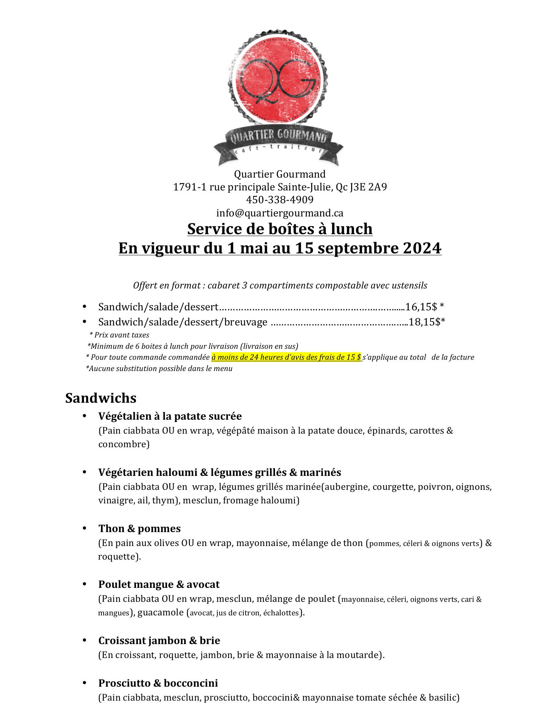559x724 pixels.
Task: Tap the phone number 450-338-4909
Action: pyautogui.click(x=279, y=199)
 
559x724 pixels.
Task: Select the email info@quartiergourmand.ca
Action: pyautogui.click(x=279, y=213)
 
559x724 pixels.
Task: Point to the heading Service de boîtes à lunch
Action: pyautogui.click(x=279, y=229)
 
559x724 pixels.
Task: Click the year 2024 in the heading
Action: pyautogui.click(x=422, y=248)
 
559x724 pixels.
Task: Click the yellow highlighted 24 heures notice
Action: pyautogui.click(x=286, y=357)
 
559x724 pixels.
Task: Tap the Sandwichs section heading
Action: pyautogui.click(x=101, y=398)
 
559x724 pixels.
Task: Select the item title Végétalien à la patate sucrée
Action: pyautogui.click(x=170, y=416)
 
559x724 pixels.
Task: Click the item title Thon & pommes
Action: pyautogui.click(x=139, y=529)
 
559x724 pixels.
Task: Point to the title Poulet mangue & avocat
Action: pyautogui.click(x=159, y=584)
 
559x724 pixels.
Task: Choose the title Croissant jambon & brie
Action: pyautogui.click(x=159, y=641)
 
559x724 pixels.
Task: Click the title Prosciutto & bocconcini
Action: pyautogui.click(x=158, y=683)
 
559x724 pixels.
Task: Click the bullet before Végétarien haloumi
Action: pyautogui.click(x=85, y=472)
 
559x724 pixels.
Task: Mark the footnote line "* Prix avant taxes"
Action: pyautogui.click(x=119, y=335)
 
